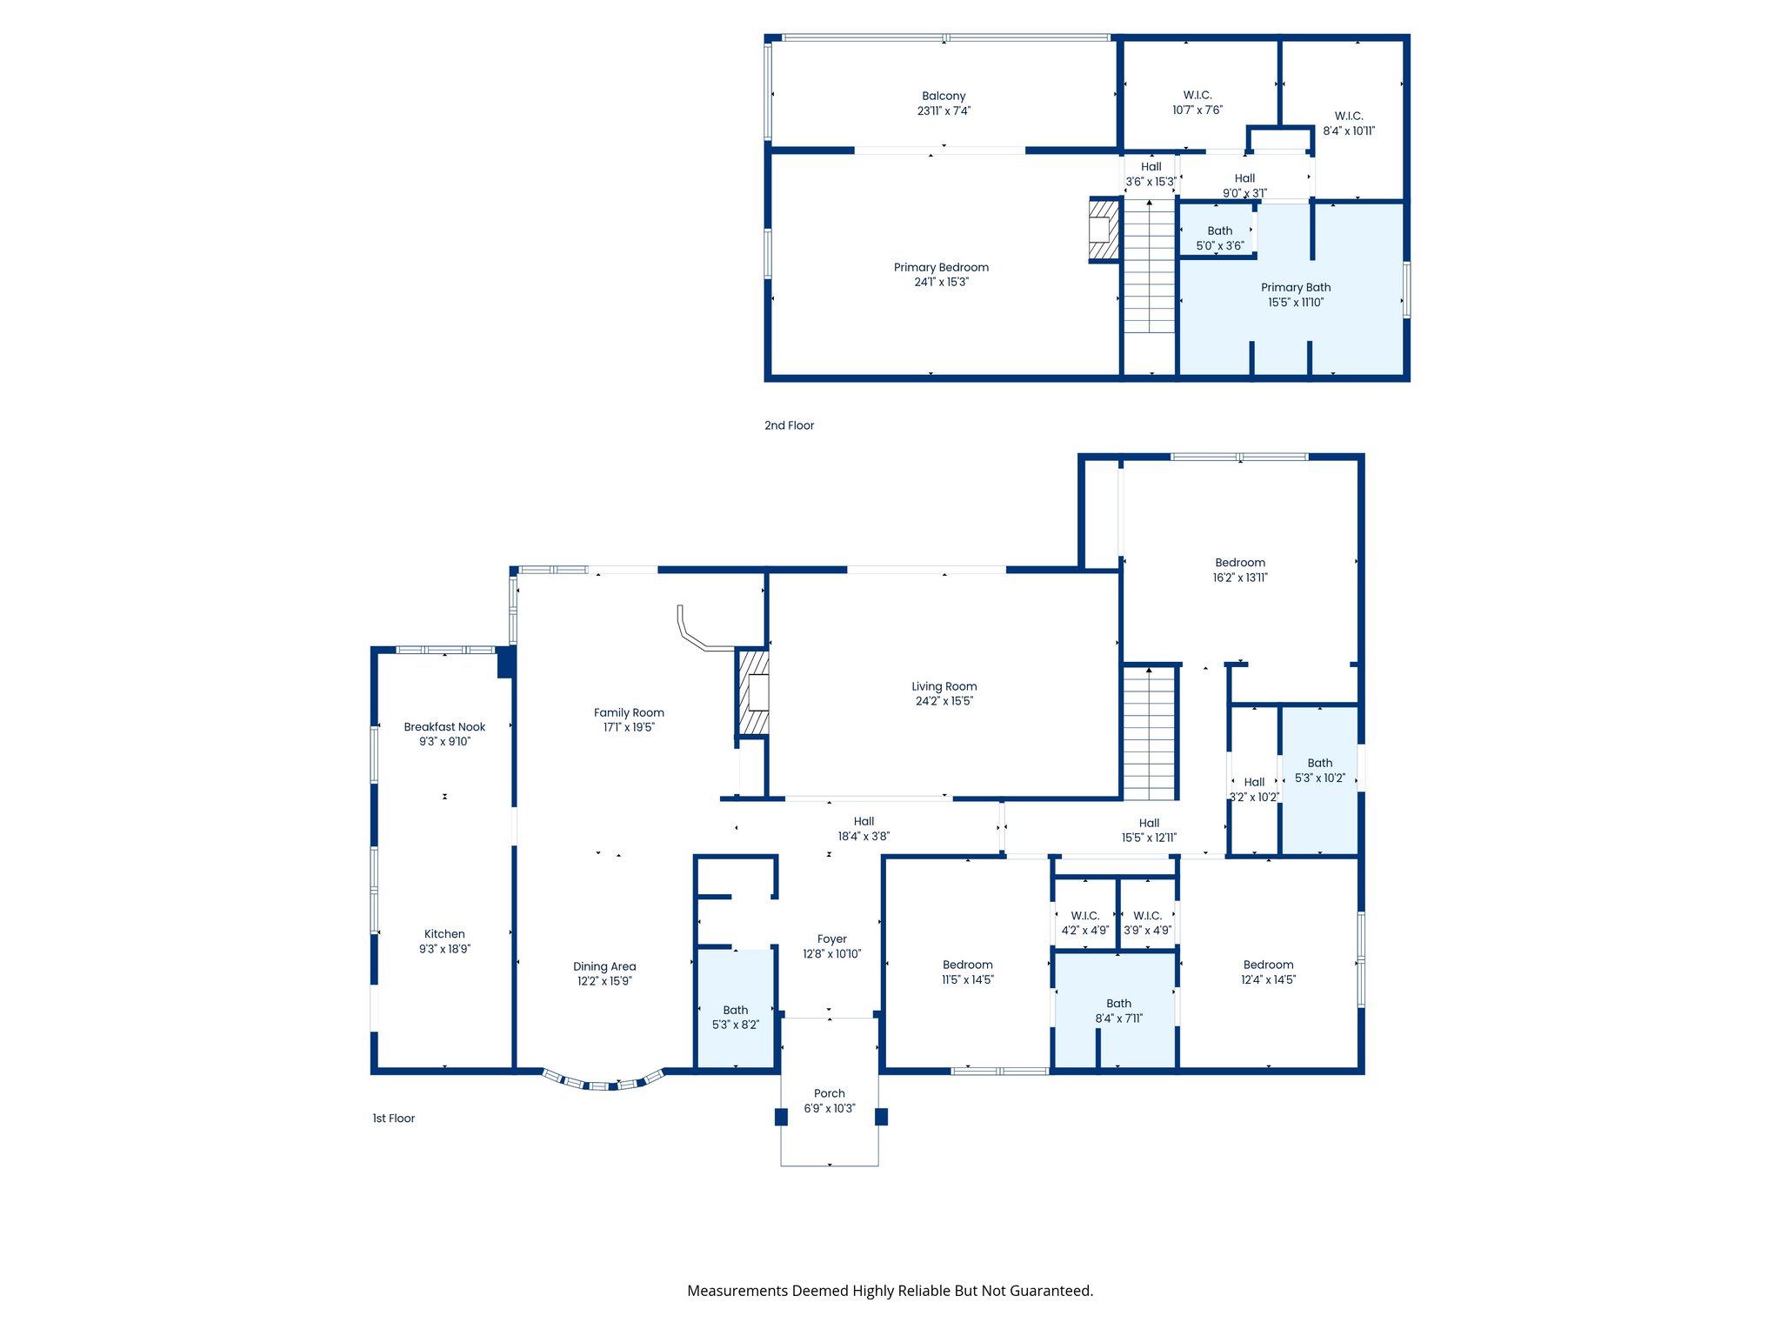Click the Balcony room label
(x=944, y=96)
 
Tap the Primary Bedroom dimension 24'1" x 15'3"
(x=941, y=283)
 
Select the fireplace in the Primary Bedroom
(x=1103, y=230)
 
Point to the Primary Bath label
(x=1295, y=288)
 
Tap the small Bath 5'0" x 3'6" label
(x=1219, y=231)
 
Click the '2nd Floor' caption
(x=789, y=425)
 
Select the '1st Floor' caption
(x=393, y=1119)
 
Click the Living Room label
(x=944, y=686)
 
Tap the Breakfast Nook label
(x=444, y=727)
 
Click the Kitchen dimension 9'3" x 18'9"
(x=444, y=949)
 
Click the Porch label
(x=829, y=1093)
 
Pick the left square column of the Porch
(x=781, y=1117)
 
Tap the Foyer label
(x=831, y=939)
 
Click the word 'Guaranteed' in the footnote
(x=1051, y=1291)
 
